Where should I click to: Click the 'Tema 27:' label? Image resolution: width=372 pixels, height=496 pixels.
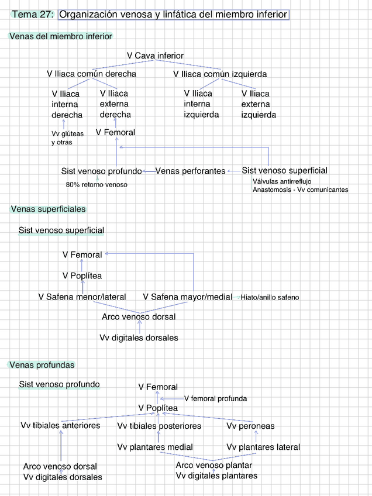coord(33,14)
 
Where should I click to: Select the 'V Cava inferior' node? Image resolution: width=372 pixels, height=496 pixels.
coord(155,56)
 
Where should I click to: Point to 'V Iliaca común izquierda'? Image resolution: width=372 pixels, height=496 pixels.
coord(220,74)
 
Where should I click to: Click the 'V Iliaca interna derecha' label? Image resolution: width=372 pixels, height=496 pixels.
coord(67,104)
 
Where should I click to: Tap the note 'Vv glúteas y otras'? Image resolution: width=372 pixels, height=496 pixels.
coord(67,138)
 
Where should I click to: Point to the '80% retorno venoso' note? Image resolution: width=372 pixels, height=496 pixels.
coord(97,185)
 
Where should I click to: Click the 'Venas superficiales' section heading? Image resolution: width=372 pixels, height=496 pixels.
coord(48,209)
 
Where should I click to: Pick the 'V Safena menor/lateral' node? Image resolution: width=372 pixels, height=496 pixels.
coord(82,297)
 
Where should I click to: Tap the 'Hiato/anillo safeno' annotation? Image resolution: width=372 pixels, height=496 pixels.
coord(270,298)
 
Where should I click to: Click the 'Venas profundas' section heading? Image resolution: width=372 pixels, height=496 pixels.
coord(43,365)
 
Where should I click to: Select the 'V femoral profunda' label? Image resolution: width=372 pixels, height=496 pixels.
coord(215,399)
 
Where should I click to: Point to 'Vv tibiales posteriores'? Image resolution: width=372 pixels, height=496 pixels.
coord(159,426)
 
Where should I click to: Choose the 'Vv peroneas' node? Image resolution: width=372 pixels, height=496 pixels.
coord(250,426)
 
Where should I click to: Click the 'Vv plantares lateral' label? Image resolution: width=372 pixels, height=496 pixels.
coord(263,447)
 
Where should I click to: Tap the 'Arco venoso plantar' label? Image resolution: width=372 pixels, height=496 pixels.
coord(213,466)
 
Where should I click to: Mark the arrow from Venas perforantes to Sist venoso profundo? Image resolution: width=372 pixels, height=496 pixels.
coord(149,171)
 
